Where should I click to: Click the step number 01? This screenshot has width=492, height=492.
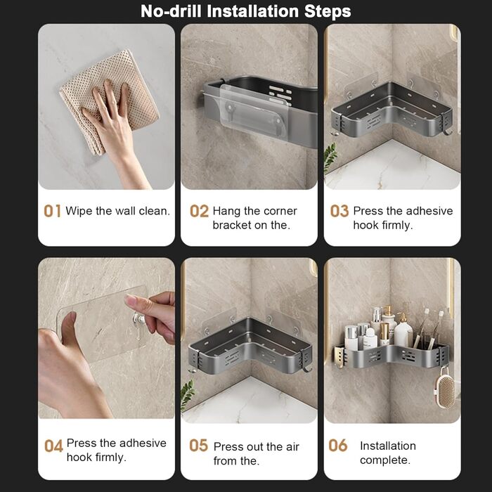click(x=52, y=211)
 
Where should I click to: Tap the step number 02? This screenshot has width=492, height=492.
click(x=199, y=211)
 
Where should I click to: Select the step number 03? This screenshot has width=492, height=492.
click(x=339, y=211)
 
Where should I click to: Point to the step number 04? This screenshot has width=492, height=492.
click(x=53, y=446)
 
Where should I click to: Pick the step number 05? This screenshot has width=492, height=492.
click(x=199, y=445)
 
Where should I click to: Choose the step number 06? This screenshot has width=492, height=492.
click(x=338, y=445)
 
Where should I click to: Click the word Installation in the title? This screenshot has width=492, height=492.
click(x=252, y=11)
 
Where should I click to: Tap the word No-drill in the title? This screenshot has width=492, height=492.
click(x=171, y=11)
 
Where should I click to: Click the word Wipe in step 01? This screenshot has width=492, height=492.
click(x=79, y=211)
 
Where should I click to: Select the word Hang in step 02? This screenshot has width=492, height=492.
click(x=226, y=211)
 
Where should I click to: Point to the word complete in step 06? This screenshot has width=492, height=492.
click(x=385, y=460)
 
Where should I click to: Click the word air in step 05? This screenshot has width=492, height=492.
click(x=292, y=447)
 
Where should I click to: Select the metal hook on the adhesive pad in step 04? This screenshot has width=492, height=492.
click(x=138, y=323)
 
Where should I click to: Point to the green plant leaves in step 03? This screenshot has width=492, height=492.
click(x=330, y=157)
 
